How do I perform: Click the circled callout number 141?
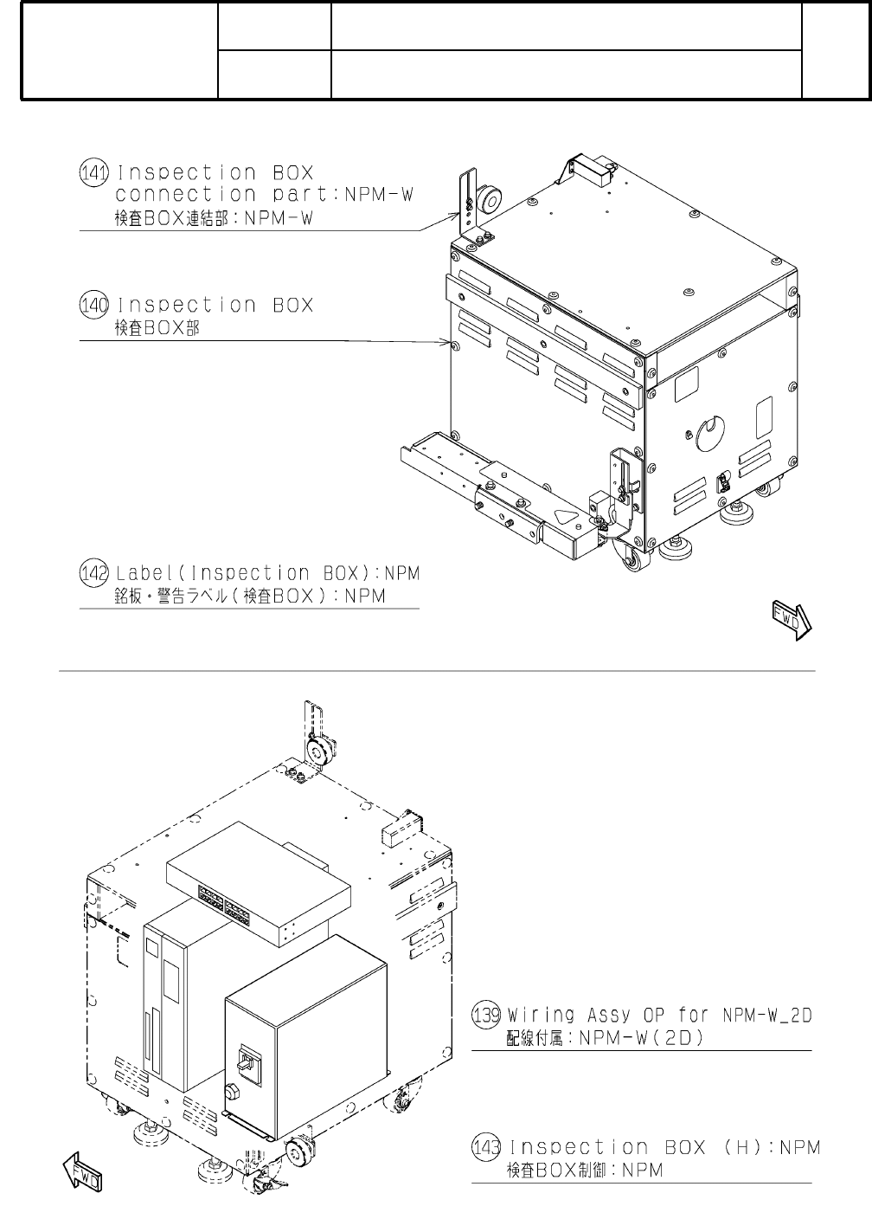coord(93,172)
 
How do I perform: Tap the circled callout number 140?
coord(93,305)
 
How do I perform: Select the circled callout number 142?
coord(93,573)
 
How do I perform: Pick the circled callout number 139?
coord(486,1015)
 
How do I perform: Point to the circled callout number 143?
coord(486,1148)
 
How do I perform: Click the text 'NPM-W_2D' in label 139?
coord(767,1015)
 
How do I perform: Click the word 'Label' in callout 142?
coord(145,573)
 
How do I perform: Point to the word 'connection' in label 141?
coord(186,194)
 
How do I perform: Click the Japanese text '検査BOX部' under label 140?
coord(157,328)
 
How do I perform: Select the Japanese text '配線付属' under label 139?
coord(535,1037)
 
